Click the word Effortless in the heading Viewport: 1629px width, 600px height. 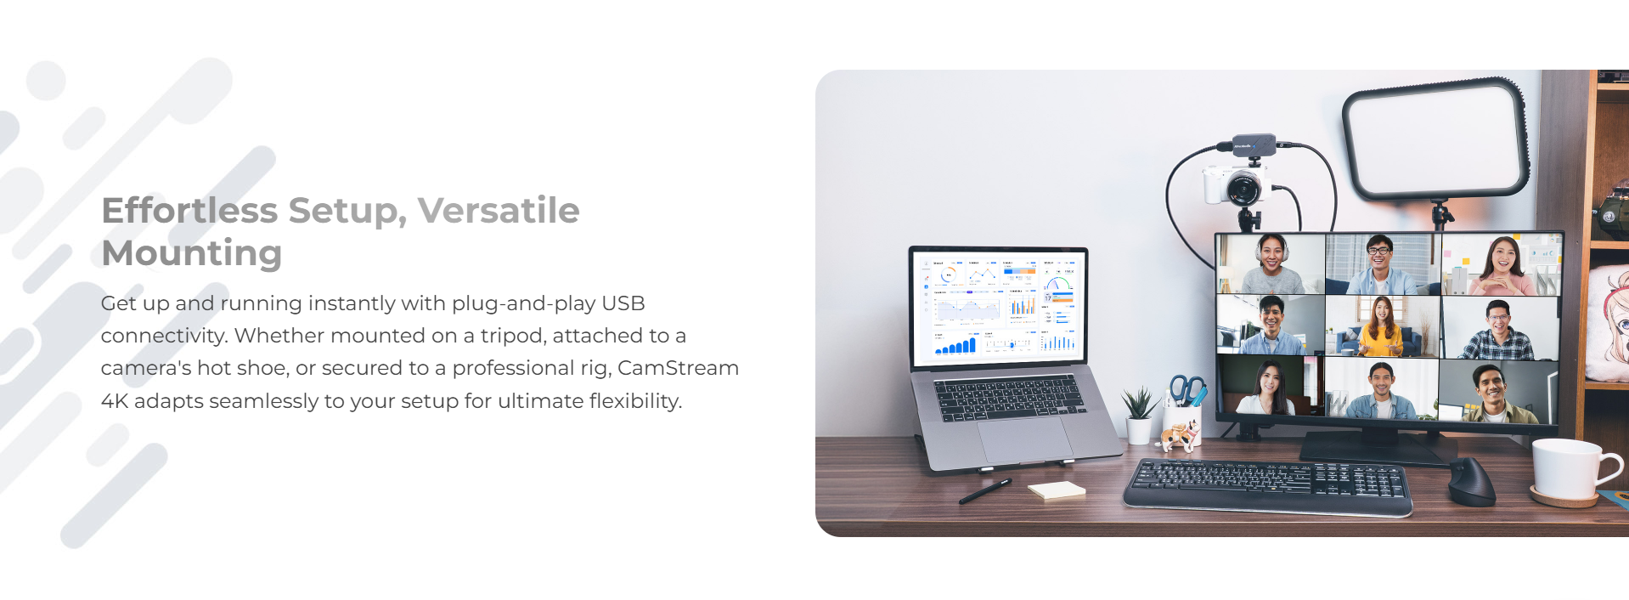pyautogui.click(x=189, y=210)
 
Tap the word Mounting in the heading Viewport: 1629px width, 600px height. pyautogui.click(x=191, y=253)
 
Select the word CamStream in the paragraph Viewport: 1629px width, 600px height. pyautogui.click(x=678, y=368)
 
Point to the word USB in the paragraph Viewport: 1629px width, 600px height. pyautogui.click(x=623, y=303)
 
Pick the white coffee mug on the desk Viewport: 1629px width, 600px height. pyautogui.click(x=1573, y=469)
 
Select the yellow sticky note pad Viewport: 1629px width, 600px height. pyautogui.click(x=1057, y=490)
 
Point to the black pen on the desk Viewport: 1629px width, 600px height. pyautogui.click(x=985, y=491)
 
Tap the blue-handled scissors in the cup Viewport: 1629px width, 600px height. pyautogui.click(x=1187, y=390)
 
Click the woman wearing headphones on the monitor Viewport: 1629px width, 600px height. pyautogui.click(x=1271, y=264)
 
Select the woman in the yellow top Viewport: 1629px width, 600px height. pyautogui.click(x=1381, y=326)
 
